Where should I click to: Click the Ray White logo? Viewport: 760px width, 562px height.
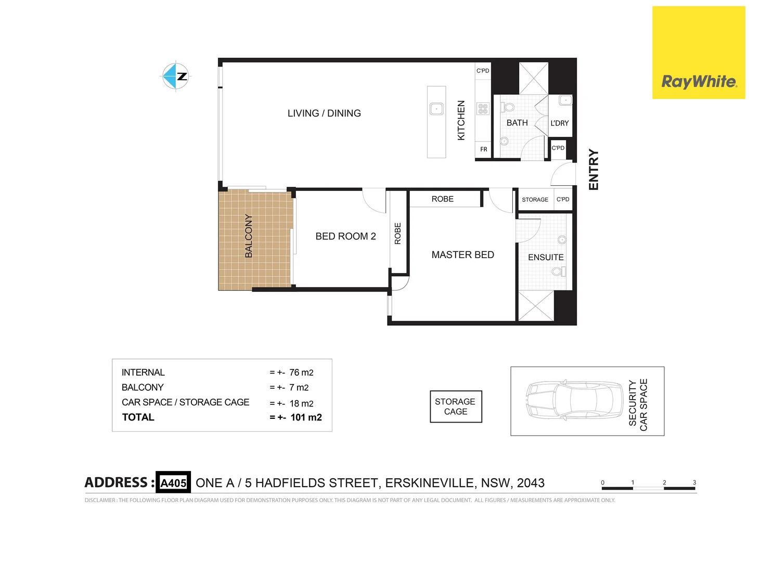(x=699, y=53)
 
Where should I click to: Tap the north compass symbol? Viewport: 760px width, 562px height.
(x=176, y=76)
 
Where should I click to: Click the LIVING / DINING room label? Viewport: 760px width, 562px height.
(x=324, y=113)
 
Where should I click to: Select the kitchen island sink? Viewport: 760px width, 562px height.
(x=436, y=109)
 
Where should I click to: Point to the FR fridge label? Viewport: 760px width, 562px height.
(x=484, y=149)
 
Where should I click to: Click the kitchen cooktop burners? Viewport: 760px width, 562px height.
(x=483, y=109)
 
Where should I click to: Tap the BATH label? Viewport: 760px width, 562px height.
(x=517, y=123)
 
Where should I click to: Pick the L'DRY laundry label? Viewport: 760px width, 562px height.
(x=560, y=123)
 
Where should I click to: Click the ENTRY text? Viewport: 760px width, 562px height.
(x=594, y=170)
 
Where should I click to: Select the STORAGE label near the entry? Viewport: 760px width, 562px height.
(x=535, y=200)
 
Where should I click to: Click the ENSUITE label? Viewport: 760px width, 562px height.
(x=546, y=258)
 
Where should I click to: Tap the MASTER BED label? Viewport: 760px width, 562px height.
(x=462, y=255)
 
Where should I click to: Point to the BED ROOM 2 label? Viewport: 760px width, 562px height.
(x=345, y=236)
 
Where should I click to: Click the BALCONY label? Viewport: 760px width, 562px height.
(x=249, y=236)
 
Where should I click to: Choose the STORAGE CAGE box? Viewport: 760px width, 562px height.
(x=456, y=406)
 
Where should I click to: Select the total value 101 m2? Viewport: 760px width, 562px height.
(x=306, y=417)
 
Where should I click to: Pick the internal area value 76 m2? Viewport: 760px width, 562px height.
(x=301, y=373)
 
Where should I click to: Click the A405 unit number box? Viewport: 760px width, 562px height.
(x=173, y=483)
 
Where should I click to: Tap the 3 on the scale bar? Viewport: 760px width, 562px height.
(x=694, y=482)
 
